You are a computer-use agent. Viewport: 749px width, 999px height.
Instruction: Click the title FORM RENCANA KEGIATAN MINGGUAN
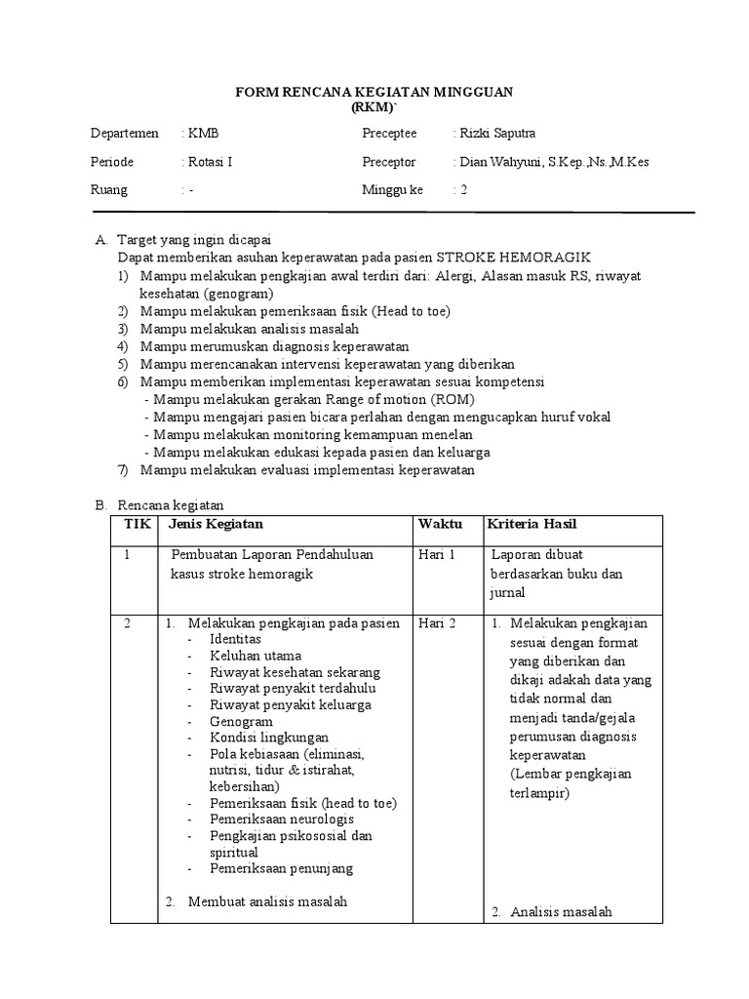click(x=375, y=91)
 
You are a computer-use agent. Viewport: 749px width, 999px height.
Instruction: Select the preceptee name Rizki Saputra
click(x=494, y=134)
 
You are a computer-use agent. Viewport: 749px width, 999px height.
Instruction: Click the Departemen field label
click(x=124, y=134)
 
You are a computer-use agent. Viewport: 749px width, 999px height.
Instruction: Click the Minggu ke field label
click(x=393, y=190)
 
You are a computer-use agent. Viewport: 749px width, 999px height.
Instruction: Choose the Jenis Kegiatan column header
click(x=216, y=525)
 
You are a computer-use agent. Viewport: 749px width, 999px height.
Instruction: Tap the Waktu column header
click(x=440, y=525)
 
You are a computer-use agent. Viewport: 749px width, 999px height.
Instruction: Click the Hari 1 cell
click(x=437, y=554)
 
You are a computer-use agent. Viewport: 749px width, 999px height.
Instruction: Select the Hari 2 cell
click(x=437, y=623)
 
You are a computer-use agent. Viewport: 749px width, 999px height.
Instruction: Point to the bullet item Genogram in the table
click(x=241, y=721)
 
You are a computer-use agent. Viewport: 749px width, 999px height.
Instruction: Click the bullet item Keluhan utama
click(x=256, y=656)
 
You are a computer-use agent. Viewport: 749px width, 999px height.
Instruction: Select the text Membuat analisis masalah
click(x=267, y=901)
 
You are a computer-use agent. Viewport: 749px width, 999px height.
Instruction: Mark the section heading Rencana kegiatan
click(x=171, y=504)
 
